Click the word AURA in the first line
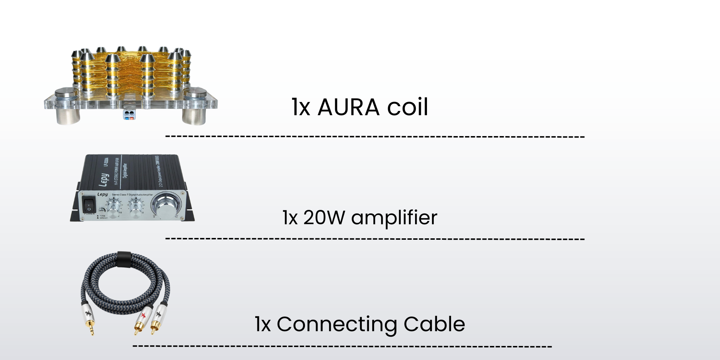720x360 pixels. click(348, 107)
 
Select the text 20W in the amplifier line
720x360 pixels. click(324, 217)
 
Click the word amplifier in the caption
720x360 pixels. click(394, 218)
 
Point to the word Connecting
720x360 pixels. click(337, 324)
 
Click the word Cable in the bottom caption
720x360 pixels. click(434, 324)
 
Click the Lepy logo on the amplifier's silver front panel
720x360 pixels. click(103, 194)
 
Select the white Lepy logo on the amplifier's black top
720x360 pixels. click(104, 180)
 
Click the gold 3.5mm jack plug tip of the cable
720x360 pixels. click(91, 330)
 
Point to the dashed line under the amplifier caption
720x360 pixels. click(374, 239)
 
